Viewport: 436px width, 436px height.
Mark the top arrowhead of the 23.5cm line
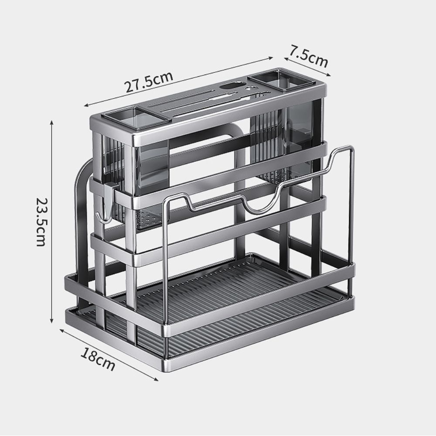tap(52, 124)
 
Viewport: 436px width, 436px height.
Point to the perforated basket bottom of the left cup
tap(148, 218)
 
